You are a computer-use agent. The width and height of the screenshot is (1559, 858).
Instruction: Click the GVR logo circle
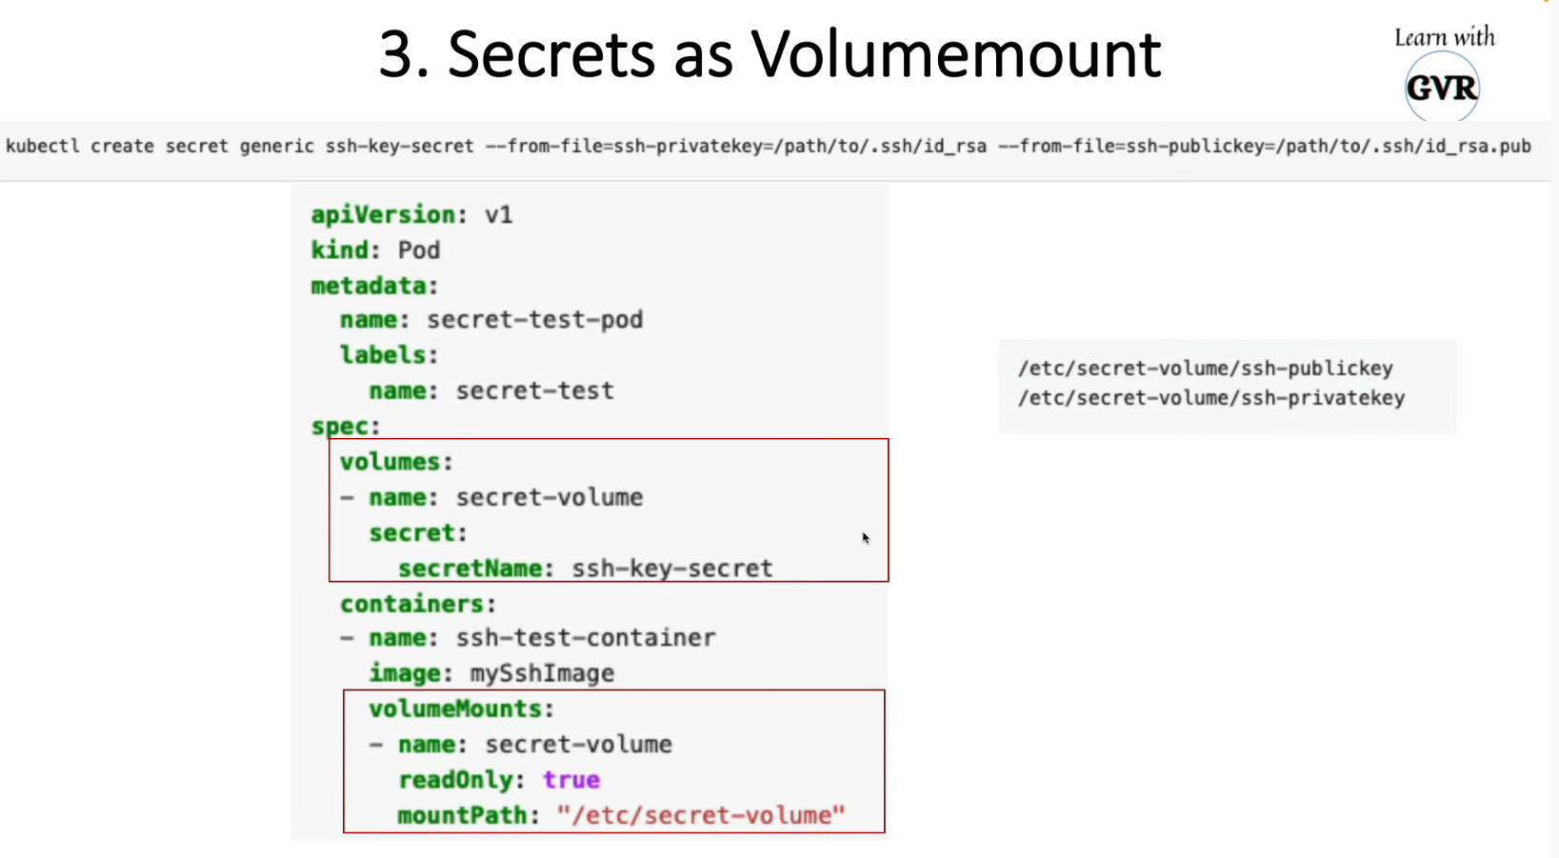click(1442, 88)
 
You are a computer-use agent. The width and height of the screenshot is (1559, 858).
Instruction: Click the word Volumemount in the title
click(955, 54)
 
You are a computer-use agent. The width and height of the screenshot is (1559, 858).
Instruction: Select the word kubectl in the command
click(43, 146)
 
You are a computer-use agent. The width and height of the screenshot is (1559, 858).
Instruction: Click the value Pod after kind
click(419, 249)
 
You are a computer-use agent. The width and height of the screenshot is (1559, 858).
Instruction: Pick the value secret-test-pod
click(534, 319)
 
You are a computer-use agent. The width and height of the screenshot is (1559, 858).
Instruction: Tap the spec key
click(345, 426)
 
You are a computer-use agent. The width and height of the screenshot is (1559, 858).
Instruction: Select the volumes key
click(396, 462)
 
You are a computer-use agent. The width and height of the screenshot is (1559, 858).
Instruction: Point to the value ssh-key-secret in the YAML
click(671, 569)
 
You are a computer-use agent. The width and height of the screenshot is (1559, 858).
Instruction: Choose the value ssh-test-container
click(585, 637)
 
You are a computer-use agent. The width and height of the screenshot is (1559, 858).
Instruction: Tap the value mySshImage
click(542, 673)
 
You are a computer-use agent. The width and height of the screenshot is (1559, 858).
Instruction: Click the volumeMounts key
click(461, 708)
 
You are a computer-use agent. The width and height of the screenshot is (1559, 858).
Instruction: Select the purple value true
click(571, 780)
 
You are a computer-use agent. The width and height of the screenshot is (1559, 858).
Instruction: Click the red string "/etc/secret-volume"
click(701, 815)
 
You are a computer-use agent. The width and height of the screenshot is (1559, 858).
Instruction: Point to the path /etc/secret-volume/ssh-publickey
click(1205, 369)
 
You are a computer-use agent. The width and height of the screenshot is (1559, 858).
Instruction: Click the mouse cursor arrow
click(865, 537)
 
